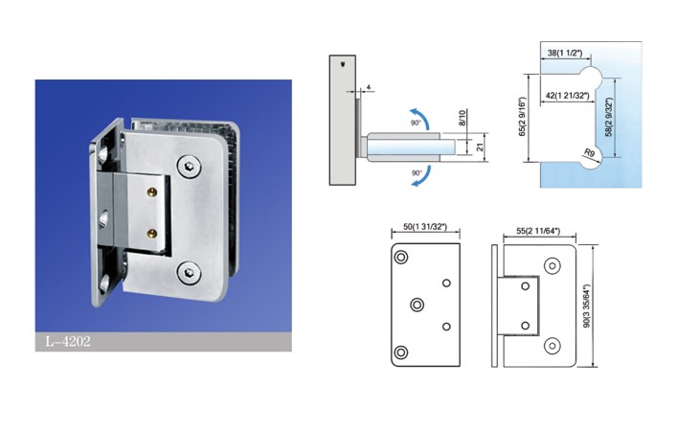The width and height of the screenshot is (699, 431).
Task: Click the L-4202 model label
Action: click(x=68, y=341)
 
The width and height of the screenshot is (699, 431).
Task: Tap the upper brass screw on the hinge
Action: click(x=152, y=193)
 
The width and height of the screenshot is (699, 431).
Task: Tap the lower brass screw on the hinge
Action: click(x=152, y=233)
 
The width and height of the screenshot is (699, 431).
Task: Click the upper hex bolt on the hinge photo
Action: click(x=189, y=167)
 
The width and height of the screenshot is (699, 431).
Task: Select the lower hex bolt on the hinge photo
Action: click(x=189, y=273)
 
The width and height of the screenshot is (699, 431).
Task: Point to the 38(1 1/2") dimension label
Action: click(x=565, y=53)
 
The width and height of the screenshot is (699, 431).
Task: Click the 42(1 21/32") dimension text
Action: click(x=568, y=96)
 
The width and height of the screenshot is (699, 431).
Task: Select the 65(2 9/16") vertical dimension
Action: click(x=523, y=117)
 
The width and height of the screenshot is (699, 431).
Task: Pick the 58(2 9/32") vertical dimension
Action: click(x=610, y=117)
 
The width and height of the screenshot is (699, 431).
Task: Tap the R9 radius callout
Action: click(x=589, y=153)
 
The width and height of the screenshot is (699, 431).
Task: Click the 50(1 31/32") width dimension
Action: click(x=425, y=227)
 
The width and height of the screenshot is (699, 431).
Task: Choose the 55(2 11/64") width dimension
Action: click(x=538, y=231)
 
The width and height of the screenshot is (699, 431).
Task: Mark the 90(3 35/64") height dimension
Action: click(x=587, y=306)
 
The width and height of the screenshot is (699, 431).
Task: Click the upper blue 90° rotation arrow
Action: click(x=423, y=115)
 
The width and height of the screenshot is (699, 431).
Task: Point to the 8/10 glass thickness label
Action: click(x=462, y=118)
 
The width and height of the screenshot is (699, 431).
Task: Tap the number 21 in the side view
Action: click(x=480, y=147)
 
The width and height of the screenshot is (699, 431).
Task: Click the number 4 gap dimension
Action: click(x=369, y=87)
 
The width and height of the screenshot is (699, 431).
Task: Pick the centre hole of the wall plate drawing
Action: click(x=417, y=305)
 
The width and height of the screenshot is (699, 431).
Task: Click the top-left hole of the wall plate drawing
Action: click(x=401, y=258)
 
